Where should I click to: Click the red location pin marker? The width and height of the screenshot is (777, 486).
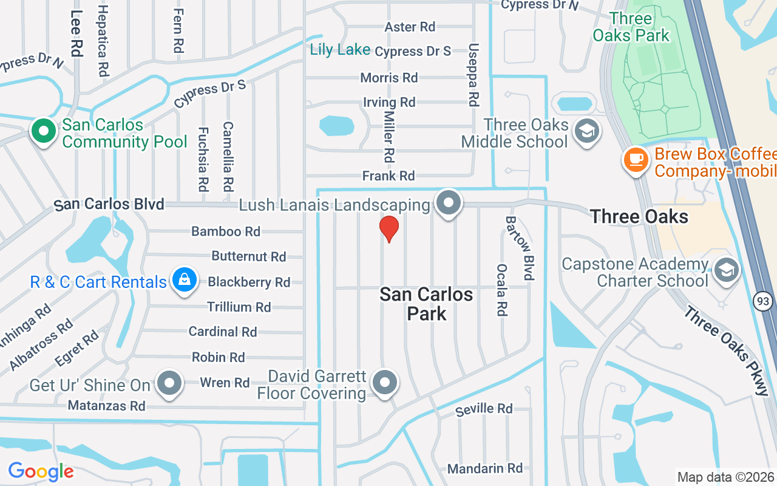[388, 228]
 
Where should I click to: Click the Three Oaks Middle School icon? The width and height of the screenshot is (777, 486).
[587, 131]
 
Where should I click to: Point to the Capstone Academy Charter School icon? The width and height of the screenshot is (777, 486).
[726, 270]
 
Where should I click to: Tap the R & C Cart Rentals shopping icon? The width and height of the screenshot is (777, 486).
[185, 280]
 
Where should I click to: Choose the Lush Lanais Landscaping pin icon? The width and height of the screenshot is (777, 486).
[449, 204]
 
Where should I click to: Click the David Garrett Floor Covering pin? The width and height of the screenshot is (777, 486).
[384, 383]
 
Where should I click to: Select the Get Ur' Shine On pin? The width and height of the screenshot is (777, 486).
[169, 383]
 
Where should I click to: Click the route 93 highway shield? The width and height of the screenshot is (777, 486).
[762, 300]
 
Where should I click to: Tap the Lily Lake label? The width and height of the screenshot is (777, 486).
[340, 50]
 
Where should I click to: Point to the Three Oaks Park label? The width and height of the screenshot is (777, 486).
[631, 27]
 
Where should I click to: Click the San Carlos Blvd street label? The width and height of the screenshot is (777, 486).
[109, 205]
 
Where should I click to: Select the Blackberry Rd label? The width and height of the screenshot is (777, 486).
[249, 282]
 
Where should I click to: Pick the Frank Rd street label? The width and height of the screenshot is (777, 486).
[388, 176]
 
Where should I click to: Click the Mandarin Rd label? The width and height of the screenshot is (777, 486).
[484, 468]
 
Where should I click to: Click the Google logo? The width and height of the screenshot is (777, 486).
[41, 471]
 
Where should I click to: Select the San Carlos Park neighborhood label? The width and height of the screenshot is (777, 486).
[426, 304]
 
